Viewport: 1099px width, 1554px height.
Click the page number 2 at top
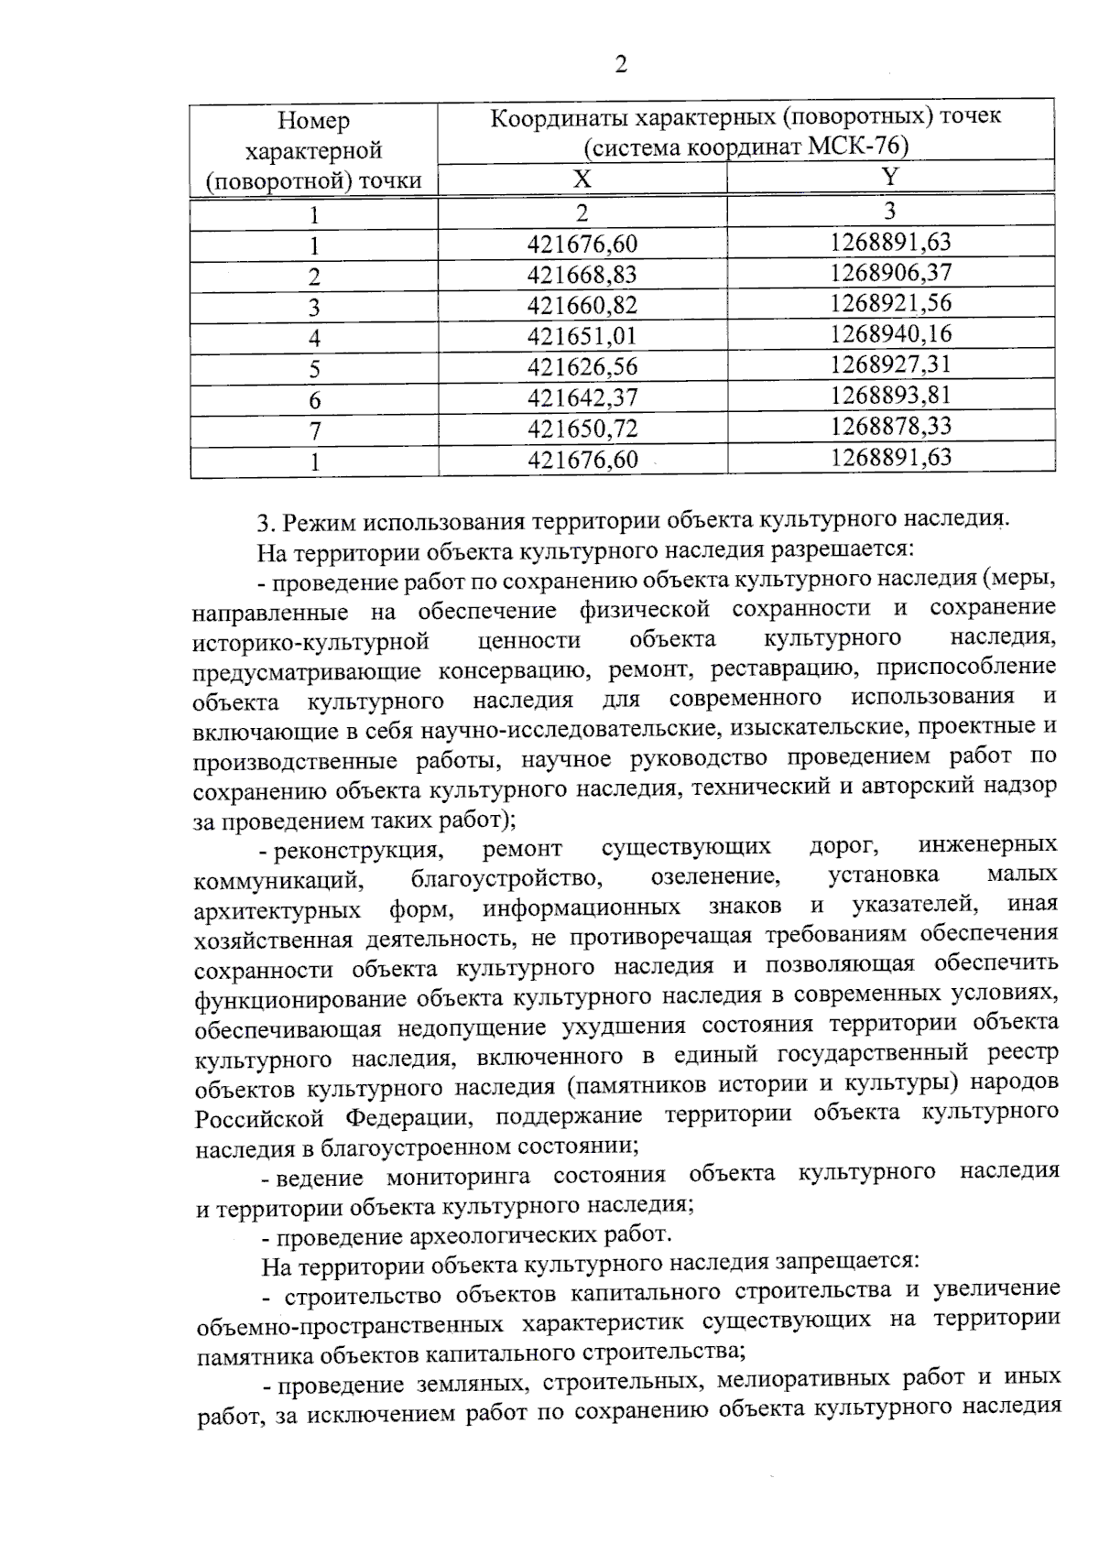tap(621, 65)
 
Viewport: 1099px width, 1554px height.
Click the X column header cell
tap(582, 178)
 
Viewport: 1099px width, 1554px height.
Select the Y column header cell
tap(890, 176)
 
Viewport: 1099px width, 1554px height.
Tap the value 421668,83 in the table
tap(582, 275)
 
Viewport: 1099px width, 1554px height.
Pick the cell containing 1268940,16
tap(890, 333)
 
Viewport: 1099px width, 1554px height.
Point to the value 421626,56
tap(582, 367)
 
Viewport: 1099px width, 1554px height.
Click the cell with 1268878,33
tap(890, 425)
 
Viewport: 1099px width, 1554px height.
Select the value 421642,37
tap(582, 397)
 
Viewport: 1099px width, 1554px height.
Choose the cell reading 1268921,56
tap(890, 303)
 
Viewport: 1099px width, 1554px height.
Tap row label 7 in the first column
tap(314, 430)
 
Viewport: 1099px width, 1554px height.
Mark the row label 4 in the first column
tap(314, 338)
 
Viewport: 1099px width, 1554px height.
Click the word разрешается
tap(842, 549)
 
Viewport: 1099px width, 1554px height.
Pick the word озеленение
tap(715, 876)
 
